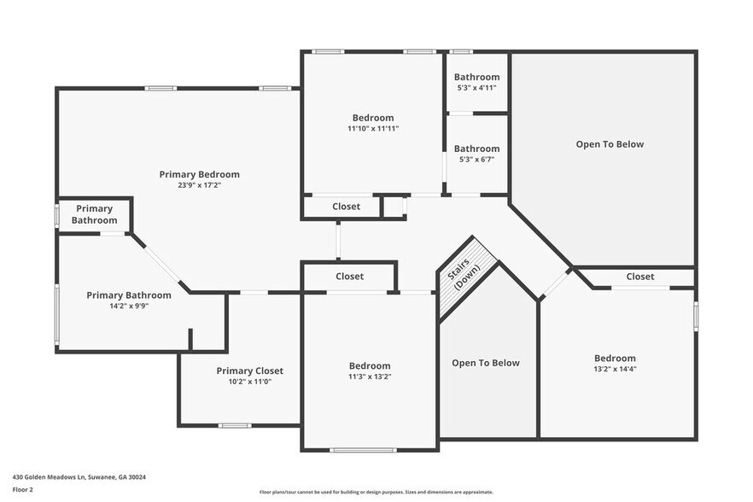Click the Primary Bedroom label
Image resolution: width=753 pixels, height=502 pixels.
(199, 174)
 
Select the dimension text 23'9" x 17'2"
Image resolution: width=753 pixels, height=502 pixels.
(199, 184)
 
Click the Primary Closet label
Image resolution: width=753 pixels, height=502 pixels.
(249, 371)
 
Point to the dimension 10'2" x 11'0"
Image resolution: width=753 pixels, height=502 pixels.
(249, 382)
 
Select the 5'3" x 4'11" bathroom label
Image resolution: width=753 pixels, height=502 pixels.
(476, 77)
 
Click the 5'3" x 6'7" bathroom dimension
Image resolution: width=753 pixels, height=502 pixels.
(476, 159)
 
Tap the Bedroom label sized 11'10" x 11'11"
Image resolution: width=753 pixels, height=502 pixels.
(373, 118)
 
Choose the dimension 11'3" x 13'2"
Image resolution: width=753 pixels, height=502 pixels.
(369, 376)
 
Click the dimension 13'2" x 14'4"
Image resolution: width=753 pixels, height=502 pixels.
(615, 369)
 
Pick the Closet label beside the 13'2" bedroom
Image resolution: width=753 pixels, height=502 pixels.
(639, 277)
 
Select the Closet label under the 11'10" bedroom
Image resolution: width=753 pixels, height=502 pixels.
(346, 207)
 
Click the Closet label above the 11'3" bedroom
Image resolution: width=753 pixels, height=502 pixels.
(349, 277)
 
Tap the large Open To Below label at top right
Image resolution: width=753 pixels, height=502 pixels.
(610, 144)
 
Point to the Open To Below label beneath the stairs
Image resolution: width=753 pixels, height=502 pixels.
(485, 363)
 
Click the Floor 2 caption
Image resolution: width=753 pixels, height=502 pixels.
(24, 489)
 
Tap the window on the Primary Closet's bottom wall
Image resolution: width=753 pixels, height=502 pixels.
(234, 425)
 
